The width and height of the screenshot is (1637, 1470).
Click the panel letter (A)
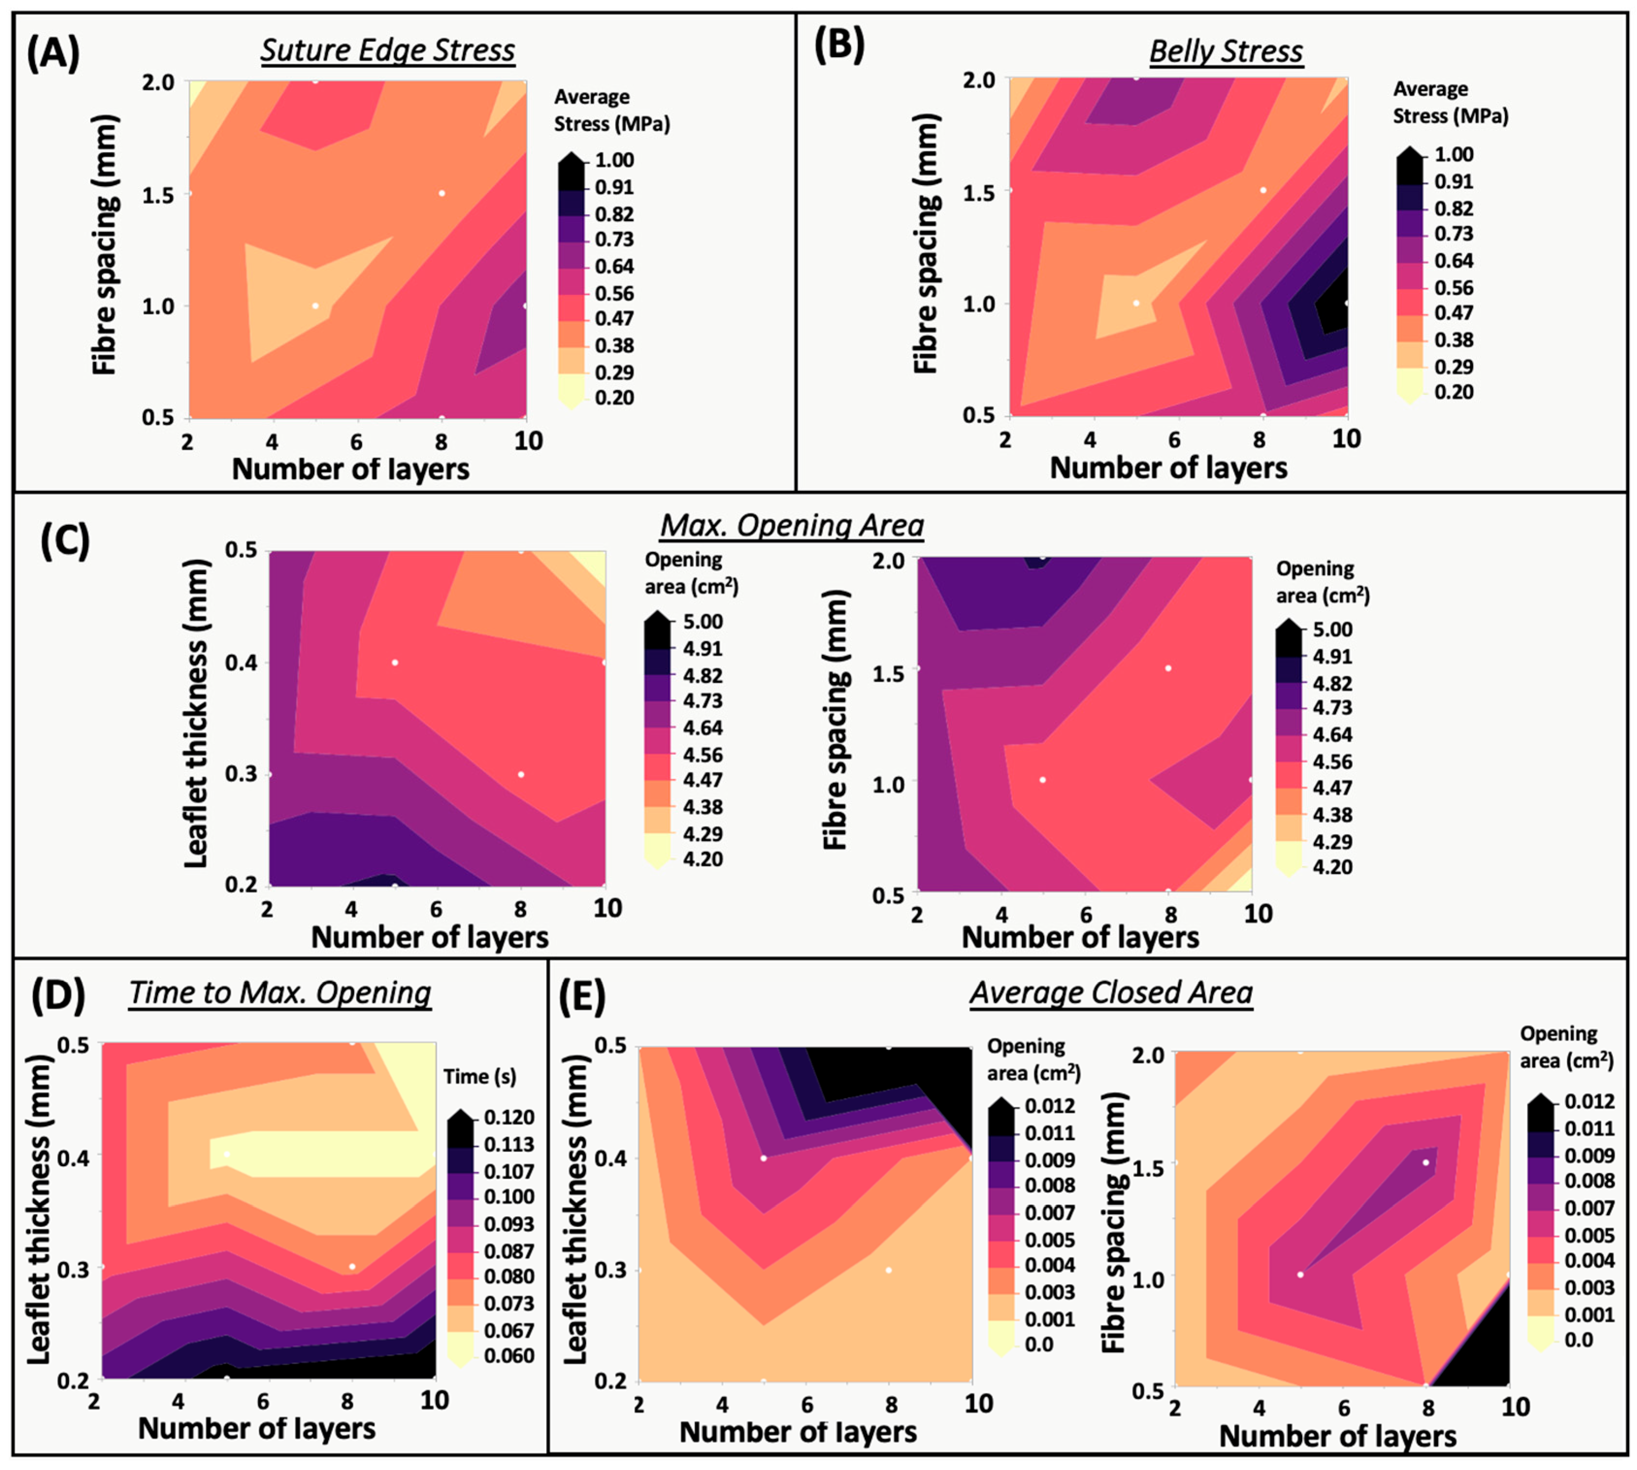point(53,55)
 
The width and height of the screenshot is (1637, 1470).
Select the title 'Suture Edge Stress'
point(388,50)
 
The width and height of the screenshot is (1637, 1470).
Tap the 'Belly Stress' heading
point(1226,51)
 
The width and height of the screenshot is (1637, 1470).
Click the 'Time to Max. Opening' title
point(280,993)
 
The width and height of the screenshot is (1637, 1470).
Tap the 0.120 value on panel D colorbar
point(509,1117)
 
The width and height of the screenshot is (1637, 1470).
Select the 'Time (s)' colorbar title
point(480,1076)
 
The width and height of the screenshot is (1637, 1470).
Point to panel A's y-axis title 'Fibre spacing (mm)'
point(106,244)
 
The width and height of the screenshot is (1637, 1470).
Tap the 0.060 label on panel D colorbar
point(509,1356)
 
